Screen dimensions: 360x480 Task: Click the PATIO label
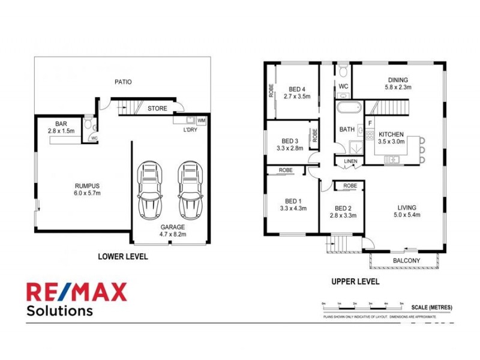pyautogui.click(x=123, y=82)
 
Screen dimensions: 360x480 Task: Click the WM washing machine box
pyautogui.click(x=201, y=120)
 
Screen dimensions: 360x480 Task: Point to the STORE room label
pyautogui.click(x=157, y=109)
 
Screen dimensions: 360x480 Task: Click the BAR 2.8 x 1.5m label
pyautogui.click(x=60, y=127)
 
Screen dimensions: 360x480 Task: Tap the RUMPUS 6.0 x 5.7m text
pyautogui.click(x=83, y=189)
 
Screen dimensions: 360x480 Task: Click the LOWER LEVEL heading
pyautogui.click(x=122, y=256)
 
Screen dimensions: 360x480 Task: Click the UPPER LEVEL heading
pyautogui.click(x=355, y=281)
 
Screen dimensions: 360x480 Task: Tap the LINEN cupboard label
pyautogui.click(x=350, y=161)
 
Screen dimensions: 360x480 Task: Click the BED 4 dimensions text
pyautogui.click(x=298, y=95)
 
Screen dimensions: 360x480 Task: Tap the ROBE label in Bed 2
pyautogui.click(x=350, y=186)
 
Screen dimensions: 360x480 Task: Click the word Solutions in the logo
pyautogui.click(x=59, y=311)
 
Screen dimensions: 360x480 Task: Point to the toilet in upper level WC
pyautogui.click(x=343, y=73)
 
